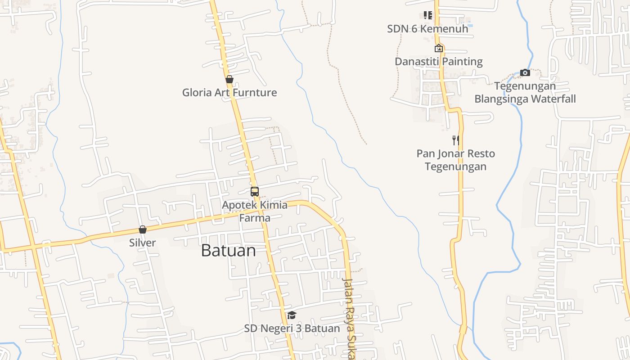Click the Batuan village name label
228,250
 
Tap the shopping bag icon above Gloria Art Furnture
229,80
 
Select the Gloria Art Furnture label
229,93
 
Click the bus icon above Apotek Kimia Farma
255,192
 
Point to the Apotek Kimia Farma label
255,211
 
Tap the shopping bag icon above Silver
143,229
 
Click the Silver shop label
143,243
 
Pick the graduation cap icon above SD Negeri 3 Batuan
292,315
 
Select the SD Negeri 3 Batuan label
292,328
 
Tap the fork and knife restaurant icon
456,140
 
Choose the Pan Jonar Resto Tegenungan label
456,160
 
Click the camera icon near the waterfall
525,72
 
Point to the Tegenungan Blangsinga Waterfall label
525,92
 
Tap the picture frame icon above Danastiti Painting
439,48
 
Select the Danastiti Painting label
439,62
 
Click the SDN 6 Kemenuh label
427,29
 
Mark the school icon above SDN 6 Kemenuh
427,15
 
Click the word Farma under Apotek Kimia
255,218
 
